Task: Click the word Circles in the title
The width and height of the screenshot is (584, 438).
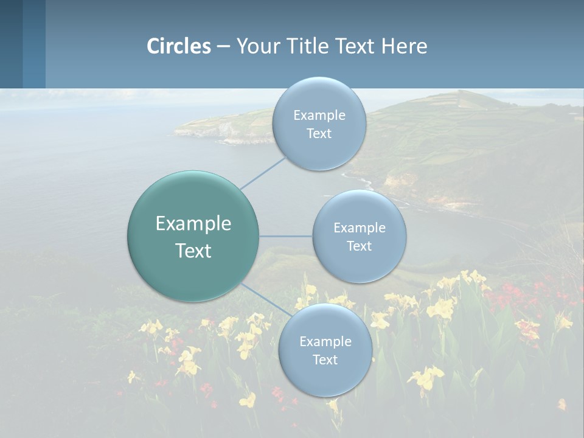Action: [178, 46]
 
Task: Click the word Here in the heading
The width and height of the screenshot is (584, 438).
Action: [404, 46]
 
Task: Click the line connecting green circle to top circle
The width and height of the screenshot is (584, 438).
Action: [263, 172]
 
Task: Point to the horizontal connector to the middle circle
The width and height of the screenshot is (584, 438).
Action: [286, 236]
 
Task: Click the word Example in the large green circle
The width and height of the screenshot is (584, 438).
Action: [193, 224]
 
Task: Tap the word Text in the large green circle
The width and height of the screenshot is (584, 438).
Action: [193, 251]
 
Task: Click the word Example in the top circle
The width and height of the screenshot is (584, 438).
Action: [319, 116]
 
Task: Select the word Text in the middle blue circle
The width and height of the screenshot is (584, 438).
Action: [359, 246]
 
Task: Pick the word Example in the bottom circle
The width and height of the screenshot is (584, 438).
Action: [325, 342]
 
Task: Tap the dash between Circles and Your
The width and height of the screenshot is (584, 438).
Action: [223, 47]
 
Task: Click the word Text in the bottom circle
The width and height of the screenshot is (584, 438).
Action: [325, 360]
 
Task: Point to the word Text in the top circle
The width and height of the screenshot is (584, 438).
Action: [319, 134]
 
